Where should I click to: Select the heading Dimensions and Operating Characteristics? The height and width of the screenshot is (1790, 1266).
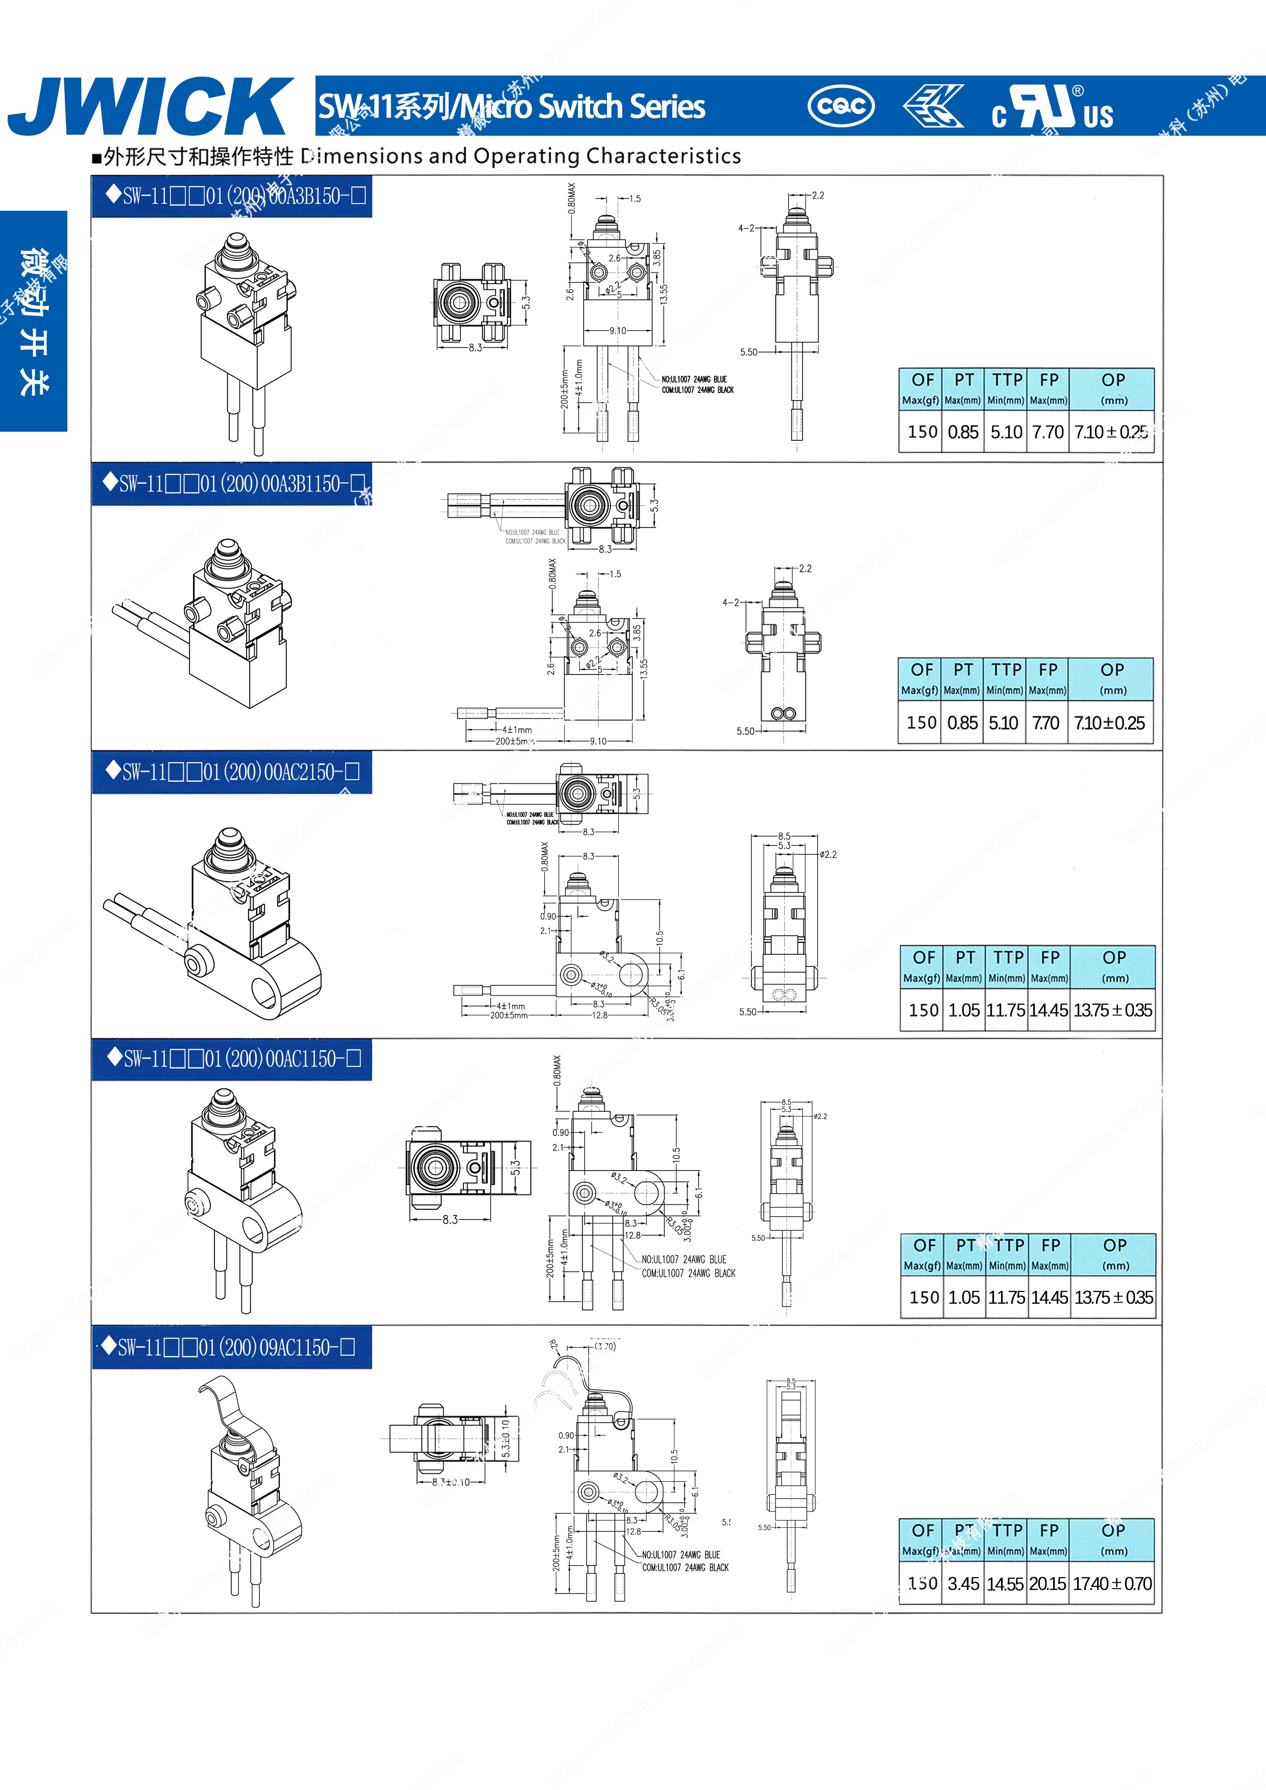421,157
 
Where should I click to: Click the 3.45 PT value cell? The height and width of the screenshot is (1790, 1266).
963,1583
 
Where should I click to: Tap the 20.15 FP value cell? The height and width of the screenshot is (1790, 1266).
1048,1583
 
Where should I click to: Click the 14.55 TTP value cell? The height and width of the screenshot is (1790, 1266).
1006,1583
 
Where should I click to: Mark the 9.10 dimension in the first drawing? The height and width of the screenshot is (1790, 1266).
618,331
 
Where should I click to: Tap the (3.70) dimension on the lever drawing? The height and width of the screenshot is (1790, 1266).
604,1347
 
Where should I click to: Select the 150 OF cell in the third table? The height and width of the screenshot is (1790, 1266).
923,1010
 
